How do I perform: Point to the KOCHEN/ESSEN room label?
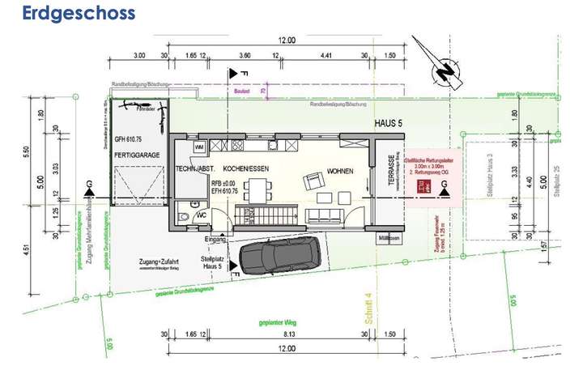point(246,168)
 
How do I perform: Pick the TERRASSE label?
point(390,172)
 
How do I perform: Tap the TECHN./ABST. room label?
point(194,168)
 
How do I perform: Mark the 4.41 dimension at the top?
point(326,57)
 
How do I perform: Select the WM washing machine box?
point(199,147)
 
